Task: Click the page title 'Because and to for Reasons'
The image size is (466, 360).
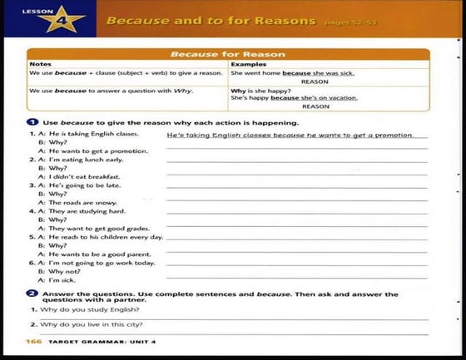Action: [x=211, y=20]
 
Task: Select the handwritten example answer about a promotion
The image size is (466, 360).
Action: [x=290, y=134]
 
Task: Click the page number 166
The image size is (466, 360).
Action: [x=34, y=342]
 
